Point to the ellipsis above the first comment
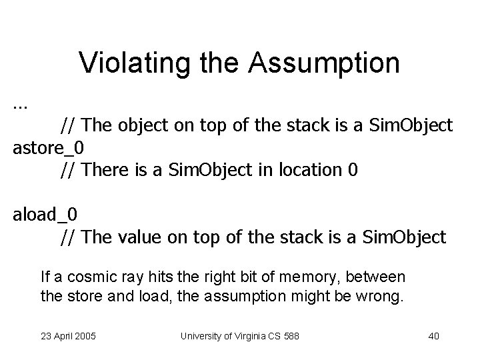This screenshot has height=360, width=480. tap(20, 105)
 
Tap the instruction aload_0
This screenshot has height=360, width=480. tap(45, 214)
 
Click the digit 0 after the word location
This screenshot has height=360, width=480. tap(353, 170)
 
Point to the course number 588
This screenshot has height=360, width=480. tap(291, 336)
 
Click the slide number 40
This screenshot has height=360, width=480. tap(433, 336)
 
